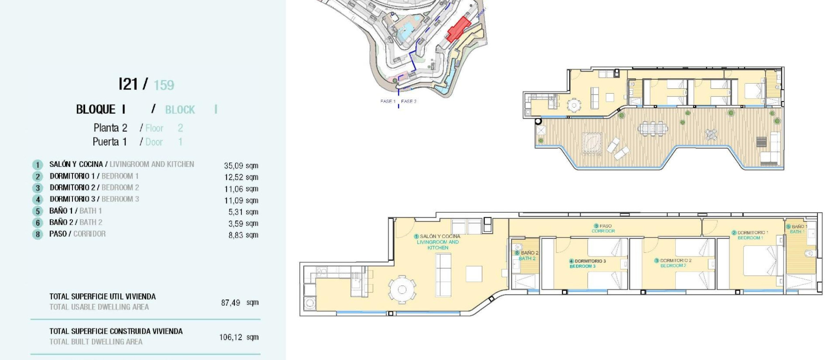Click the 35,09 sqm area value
click(241, 166)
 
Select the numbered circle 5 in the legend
click(38, 211)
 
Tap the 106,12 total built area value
click(230, 337)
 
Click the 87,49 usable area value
click(230, 303)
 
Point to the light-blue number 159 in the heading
click(164, 85)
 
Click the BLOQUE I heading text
click(101, 110)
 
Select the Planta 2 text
click(110, 128)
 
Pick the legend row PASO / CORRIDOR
click(77, 234)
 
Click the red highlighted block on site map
click(458, 29)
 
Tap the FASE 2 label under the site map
click(408, 101)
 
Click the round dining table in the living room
click(402, 290)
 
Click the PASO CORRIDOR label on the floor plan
click(603, 228)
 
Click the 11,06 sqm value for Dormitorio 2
click(241, 189)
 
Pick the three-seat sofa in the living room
click(443, 274)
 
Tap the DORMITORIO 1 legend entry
click(94, 176)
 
